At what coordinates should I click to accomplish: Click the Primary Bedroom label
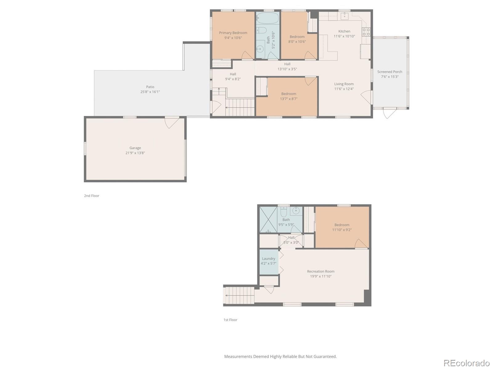coord(233,33)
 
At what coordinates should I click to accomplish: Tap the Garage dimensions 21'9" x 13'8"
coord(135,153)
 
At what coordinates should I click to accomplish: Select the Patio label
coord(150,87)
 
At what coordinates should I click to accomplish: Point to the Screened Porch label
coord(389,72)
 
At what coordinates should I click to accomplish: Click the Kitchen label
coord(344,31)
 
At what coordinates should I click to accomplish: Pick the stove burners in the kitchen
coord(366,32)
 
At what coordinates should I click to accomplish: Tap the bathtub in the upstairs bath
coord(267,18)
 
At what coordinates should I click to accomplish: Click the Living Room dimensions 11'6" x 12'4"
coord(344,89)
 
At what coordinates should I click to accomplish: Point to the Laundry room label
coord(268,259)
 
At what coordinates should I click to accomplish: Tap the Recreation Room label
coord(320,271)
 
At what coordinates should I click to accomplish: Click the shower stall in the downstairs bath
coord(268,220)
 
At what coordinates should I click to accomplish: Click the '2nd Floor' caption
coord(92,196)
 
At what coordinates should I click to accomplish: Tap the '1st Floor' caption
coord(230,320)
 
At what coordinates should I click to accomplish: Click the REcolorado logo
coord(466,363)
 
